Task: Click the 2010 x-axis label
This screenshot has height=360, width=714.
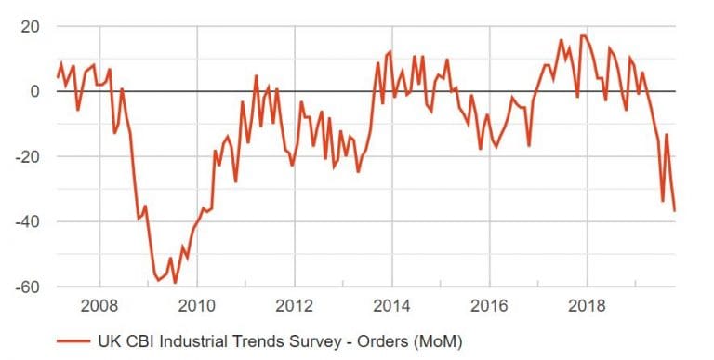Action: [x=196, y=305]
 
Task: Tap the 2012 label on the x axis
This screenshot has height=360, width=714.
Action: [x=294, y=305]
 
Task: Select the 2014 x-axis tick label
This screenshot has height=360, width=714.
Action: [x=391, y=305]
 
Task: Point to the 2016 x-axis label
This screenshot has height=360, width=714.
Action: [x=489, y=305]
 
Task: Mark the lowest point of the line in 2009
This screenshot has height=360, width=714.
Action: [x=174, y=282]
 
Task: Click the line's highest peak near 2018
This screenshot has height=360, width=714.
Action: [x=584, y=35]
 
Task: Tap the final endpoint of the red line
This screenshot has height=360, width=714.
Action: [x=674, y=211]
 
